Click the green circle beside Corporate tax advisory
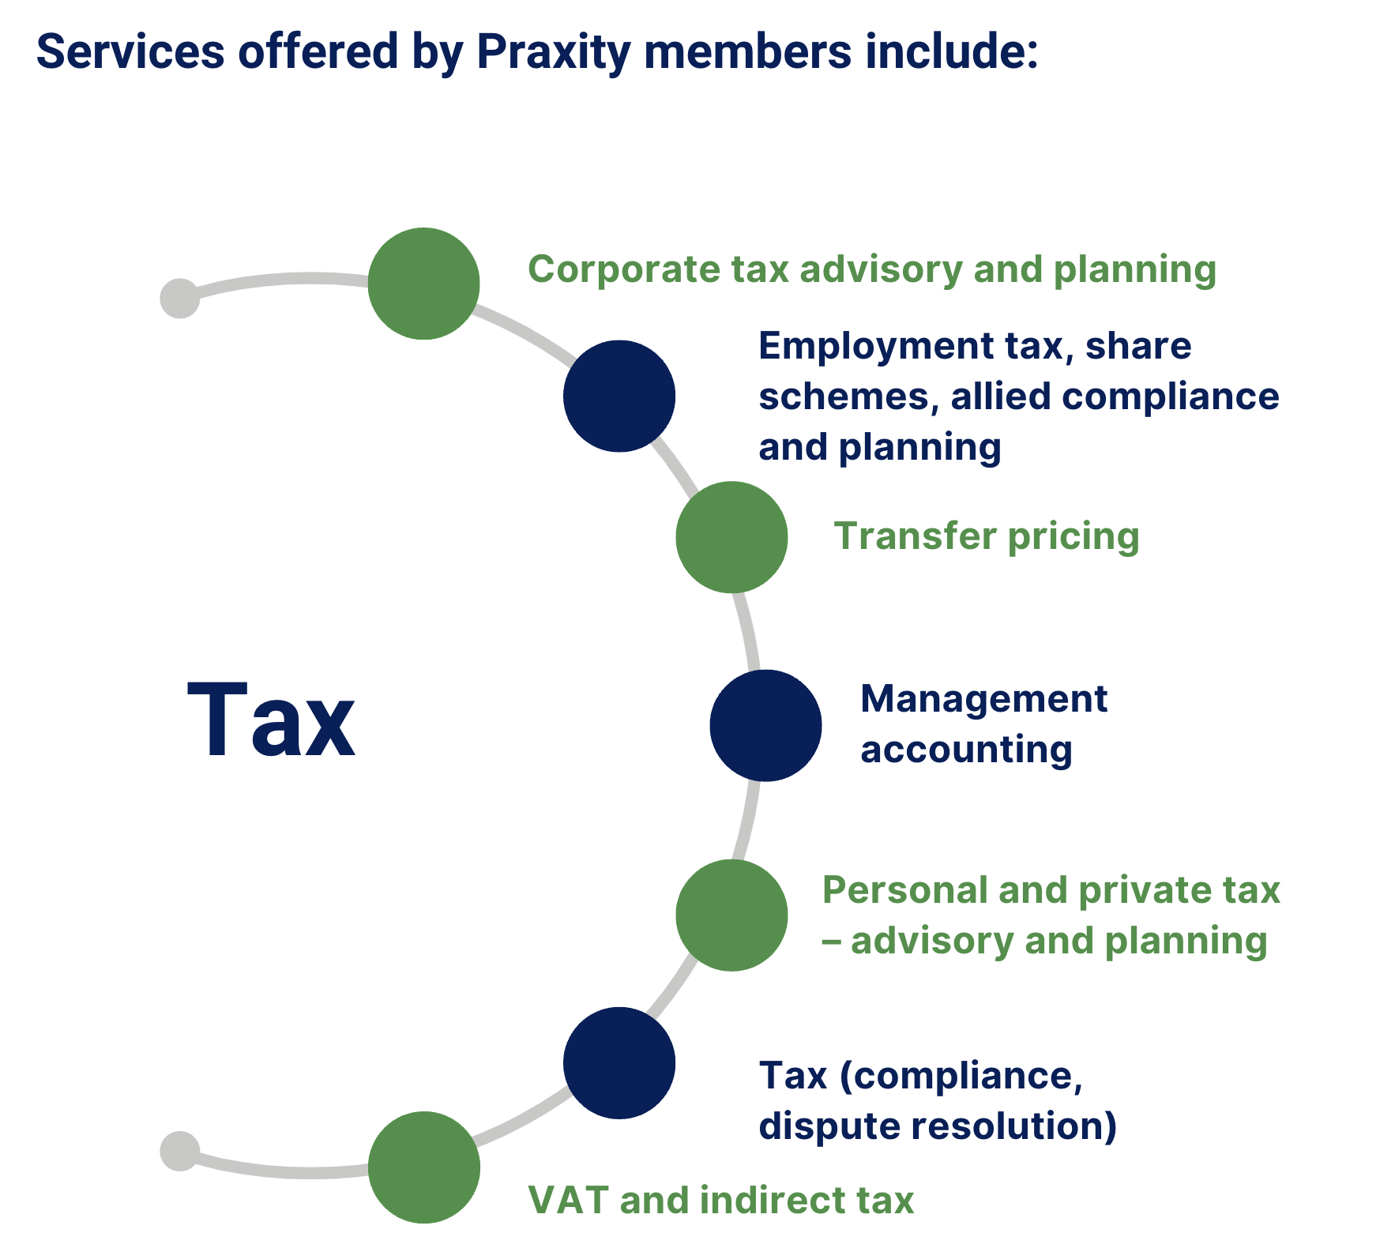click(x=423, y=284)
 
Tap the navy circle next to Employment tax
click(x=619, y=396)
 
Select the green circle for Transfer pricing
click(x=731, y=537)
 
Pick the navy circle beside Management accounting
click(x=765, y=725)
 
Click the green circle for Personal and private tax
click(x=731, y=915)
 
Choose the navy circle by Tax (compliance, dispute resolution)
click(x=619, y=1062)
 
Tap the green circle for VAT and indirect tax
click(x=423, y=1167)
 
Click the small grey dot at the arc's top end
click(x=179, y=299)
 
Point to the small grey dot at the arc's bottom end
click(x=179, y=1151)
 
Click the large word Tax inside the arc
click(x=271, y=721)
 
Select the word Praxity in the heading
click(x=553, y=52)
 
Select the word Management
click(x=983, y=699)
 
